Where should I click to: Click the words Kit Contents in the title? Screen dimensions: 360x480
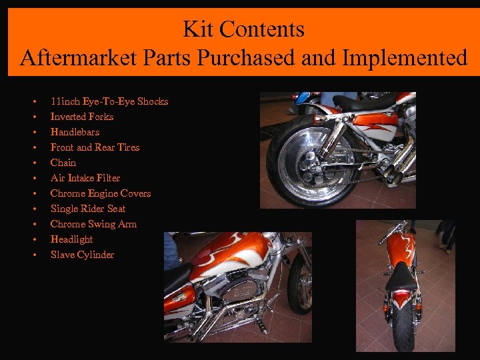tap(243, 29)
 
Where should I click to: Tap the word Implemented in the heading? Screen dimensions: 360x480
tap(405, 58)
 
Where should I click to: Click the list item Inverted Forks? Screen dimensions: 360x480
tap(82, 117)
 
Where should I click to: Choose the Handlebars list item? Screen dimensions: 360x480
tap(75, 132)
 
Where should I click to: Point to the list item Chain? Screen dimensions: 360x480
tap(63, 163)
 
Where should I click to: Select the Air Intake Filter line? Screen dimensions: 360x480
tap(85, 178)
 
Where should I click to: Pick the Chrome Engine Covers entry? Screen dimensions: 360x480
tap(101, 193)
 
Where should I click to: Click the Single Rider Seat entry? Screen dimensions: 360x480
tap(88, 209)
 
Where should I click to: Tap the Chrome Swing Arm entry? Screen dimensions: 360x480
tap(93, 224)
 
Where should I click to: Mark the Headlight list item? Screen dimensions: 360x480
tap(71, 239)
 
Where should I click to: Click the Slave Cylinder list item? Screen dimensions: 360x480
tap(82, 255)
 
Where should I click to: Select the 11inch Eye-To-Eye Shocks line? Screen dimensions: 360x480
tap(109, 101)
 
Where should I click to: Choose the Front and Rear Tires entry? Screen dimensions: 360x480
tap(95, 147)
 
